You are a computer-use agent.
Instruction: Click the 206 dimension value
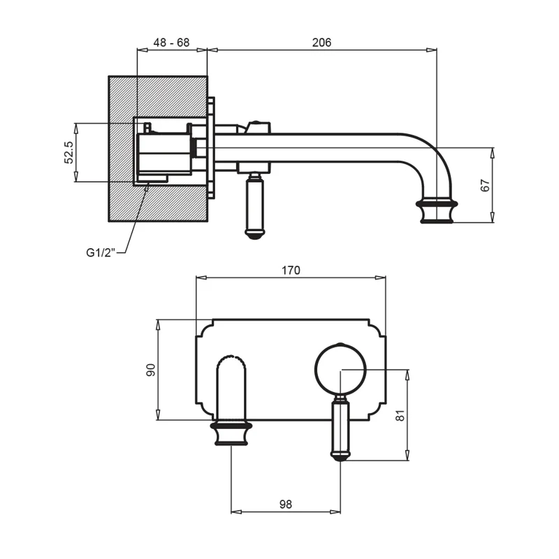click(321, 43)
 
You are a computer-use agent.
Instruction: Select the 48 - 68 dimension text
click(172, 43)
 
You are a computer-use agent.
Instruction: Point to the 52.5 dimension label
click(68, 152)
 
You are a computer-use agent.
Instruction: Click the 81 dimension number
click(400, 415)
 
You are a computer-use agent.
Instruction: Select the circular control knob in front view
click(340, 369)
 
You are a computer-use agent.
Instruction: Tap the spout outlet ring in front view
click(231, 425)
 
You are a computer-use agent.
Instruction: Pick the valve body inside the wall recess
click(164, 154)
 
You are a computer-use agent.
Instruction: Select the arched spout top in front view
click(231, 362)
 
